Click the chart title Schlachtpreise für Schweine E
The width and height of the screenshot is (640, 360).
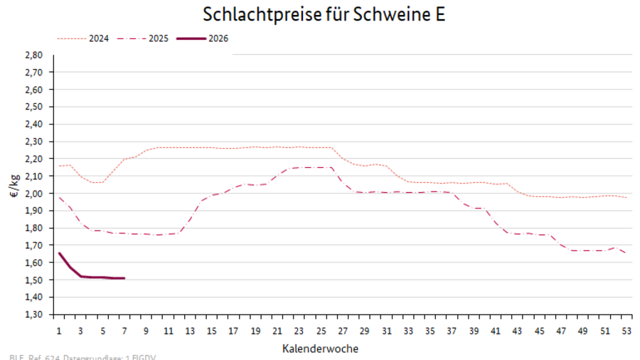pos(324,15)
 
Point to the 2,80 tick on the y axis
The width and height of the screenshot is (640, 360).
pos(34,55)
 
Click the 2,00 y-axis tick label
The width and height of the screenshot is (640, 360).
pos(34,194)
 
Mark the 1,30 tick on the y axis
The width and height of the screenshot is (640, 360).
pos(34,314)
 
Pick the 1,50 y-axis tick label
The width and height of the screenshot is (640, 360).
pos(34,280)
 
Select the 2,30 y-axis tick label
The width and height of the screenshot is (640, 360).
pos(34,142)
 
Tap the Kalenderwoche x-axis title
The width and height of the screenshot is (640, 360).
pos(320,349)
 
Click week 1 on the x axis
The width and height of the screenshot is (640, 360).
pos(58,331)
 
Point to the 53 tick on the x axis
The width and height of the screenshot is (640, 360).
pos(626,331)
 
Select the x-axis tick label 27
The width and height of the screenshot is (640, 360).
pos(343,331)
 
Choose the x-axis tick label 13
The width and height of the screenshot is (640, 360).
pos(190,331)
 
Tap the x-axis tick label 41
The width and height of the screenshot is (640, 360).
pos(496,331)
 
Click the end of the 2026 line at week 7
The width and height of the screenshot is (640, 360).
pos(124,278)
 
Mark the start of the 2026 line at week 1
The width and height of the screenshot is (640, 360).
pos(59,253)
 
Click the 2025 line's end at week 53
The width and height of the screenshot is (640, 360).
pos(626,253)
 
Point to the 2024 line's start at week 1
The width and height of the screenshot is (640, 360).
pos(59,166)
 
